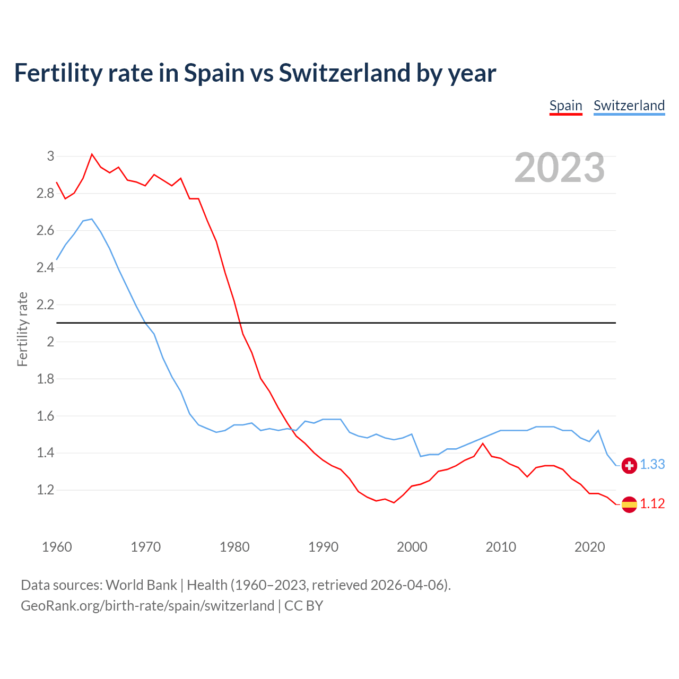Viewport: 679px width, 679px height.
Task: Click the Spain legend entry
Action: click(x=565, y=106)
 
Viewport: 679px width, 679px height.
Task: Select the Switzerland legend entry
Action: click(x=629, y=106)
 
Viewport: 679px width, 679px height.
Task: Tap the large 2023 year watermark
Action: click(x=560, y=168)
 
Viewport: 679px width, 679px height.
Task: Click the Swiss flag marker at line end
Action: click(x=629, y=465)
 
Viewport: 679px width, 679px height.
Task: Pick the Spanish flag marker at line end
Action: click(x=629, y=504)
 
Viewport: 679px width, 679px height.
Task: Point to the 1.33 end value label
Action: click(x=652, y=464)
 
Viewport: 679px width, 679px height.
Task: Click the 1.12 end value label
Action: click(x=652, y=503)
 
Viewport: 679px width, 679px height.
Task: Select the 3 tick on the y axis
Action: click(x=51, y=156)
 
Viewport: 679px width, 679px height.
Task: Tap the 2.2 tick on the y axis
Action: click(x=46, y=304)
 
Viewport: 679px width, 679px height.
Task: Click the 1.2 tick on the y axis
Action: click(x=46, y=490)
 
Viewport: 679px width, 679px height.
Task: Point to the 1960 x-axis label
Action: click(x=57, y=547)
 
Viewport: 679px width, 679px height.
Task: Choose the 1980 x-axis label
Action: click(x=234, y=547)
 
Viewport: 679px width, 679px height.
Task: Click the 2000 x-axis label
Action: click(x=412, y=547)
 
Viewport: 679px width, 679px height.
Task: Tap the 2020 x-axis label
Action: click(x=589, y=547)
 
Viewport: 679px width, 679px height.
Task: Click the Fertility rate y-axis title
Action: click(x=22, y=329)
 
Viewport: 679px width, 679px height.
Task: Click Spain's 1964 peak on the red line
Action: click(x=92, y=154)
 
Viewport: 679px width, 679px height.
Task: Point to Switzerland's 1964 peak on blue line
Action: click(x=92, y=219)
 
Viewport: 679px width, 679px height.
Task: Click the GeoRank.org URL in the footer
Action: click(x=147, y=606)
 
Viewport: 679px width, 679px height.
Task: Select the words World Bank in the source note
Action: click(x=141, y=585)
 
